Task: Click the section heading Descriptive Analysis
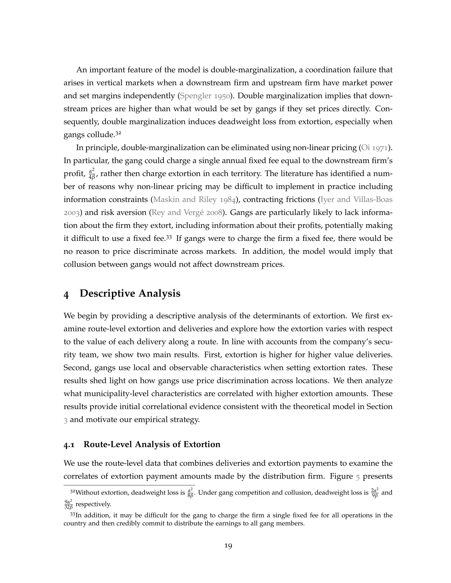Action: [130, 293]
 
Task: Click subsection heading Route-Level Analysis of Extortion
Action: [152, 444]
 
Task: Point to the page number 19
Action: [228, 546]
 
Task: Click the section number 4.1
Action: [69, 444]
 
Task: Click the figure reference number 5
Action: [358, 476]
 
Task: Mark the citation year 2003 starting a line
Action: [71, 213]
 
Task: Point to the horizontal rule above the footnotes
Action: [129, 485]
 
